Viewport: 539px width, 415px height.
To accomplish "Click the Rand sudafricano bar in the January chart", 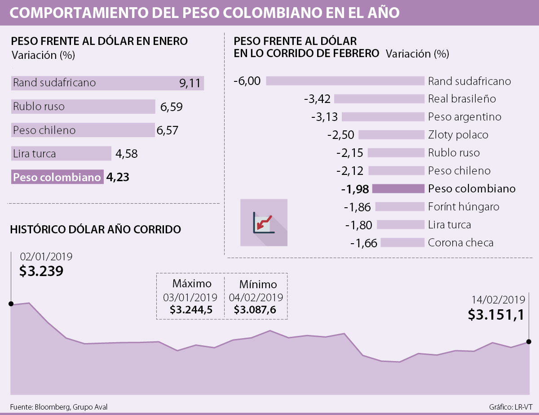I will pos(107,83).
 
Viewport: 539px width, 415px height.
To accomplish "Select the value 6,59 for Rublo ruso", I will pos(171,107).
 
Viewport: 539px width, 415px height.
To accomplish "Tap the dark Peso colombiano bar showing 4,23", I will pos(57,177).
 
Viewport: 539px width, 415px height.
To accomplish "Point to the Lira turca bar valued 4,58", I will pos(61,153).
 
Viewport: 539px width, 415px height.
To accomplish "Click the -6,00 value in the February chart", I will pos(247,81).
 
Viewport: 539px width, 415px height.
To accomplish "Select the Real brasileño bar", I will pos(379,99).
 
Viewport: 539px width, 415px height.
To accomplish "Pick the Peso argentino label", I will pos(464,117).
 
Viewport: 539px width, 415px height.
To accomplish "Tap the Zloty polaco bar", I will pos(391,135).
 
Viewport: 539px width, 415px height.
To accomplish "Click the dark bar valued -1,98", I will pos(398,189).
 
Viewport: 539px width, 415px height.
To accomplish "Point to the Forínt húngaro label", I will pos(464,207).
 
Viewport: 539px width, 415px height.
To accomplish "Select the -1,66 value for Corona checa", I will pos(364,243).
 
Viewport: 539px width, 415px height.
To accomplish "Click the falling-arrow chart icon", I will pos(264,222).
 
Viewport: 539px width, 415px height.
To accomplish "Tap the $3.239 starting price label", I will pos(41,271).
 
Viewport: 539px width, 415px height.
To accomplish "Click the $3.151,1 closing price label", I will pos(496,314).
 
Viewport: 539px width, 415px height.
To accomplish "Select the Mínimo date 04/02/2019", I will pos(256,298).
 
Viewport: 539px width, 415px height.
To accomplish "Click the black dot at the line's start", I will pos(11,304).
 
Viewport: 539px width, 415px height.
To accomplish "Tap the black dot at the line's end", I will pos(529,342).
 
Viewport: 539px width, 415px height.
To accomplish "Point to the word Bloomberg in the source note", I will pos(52,407).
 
